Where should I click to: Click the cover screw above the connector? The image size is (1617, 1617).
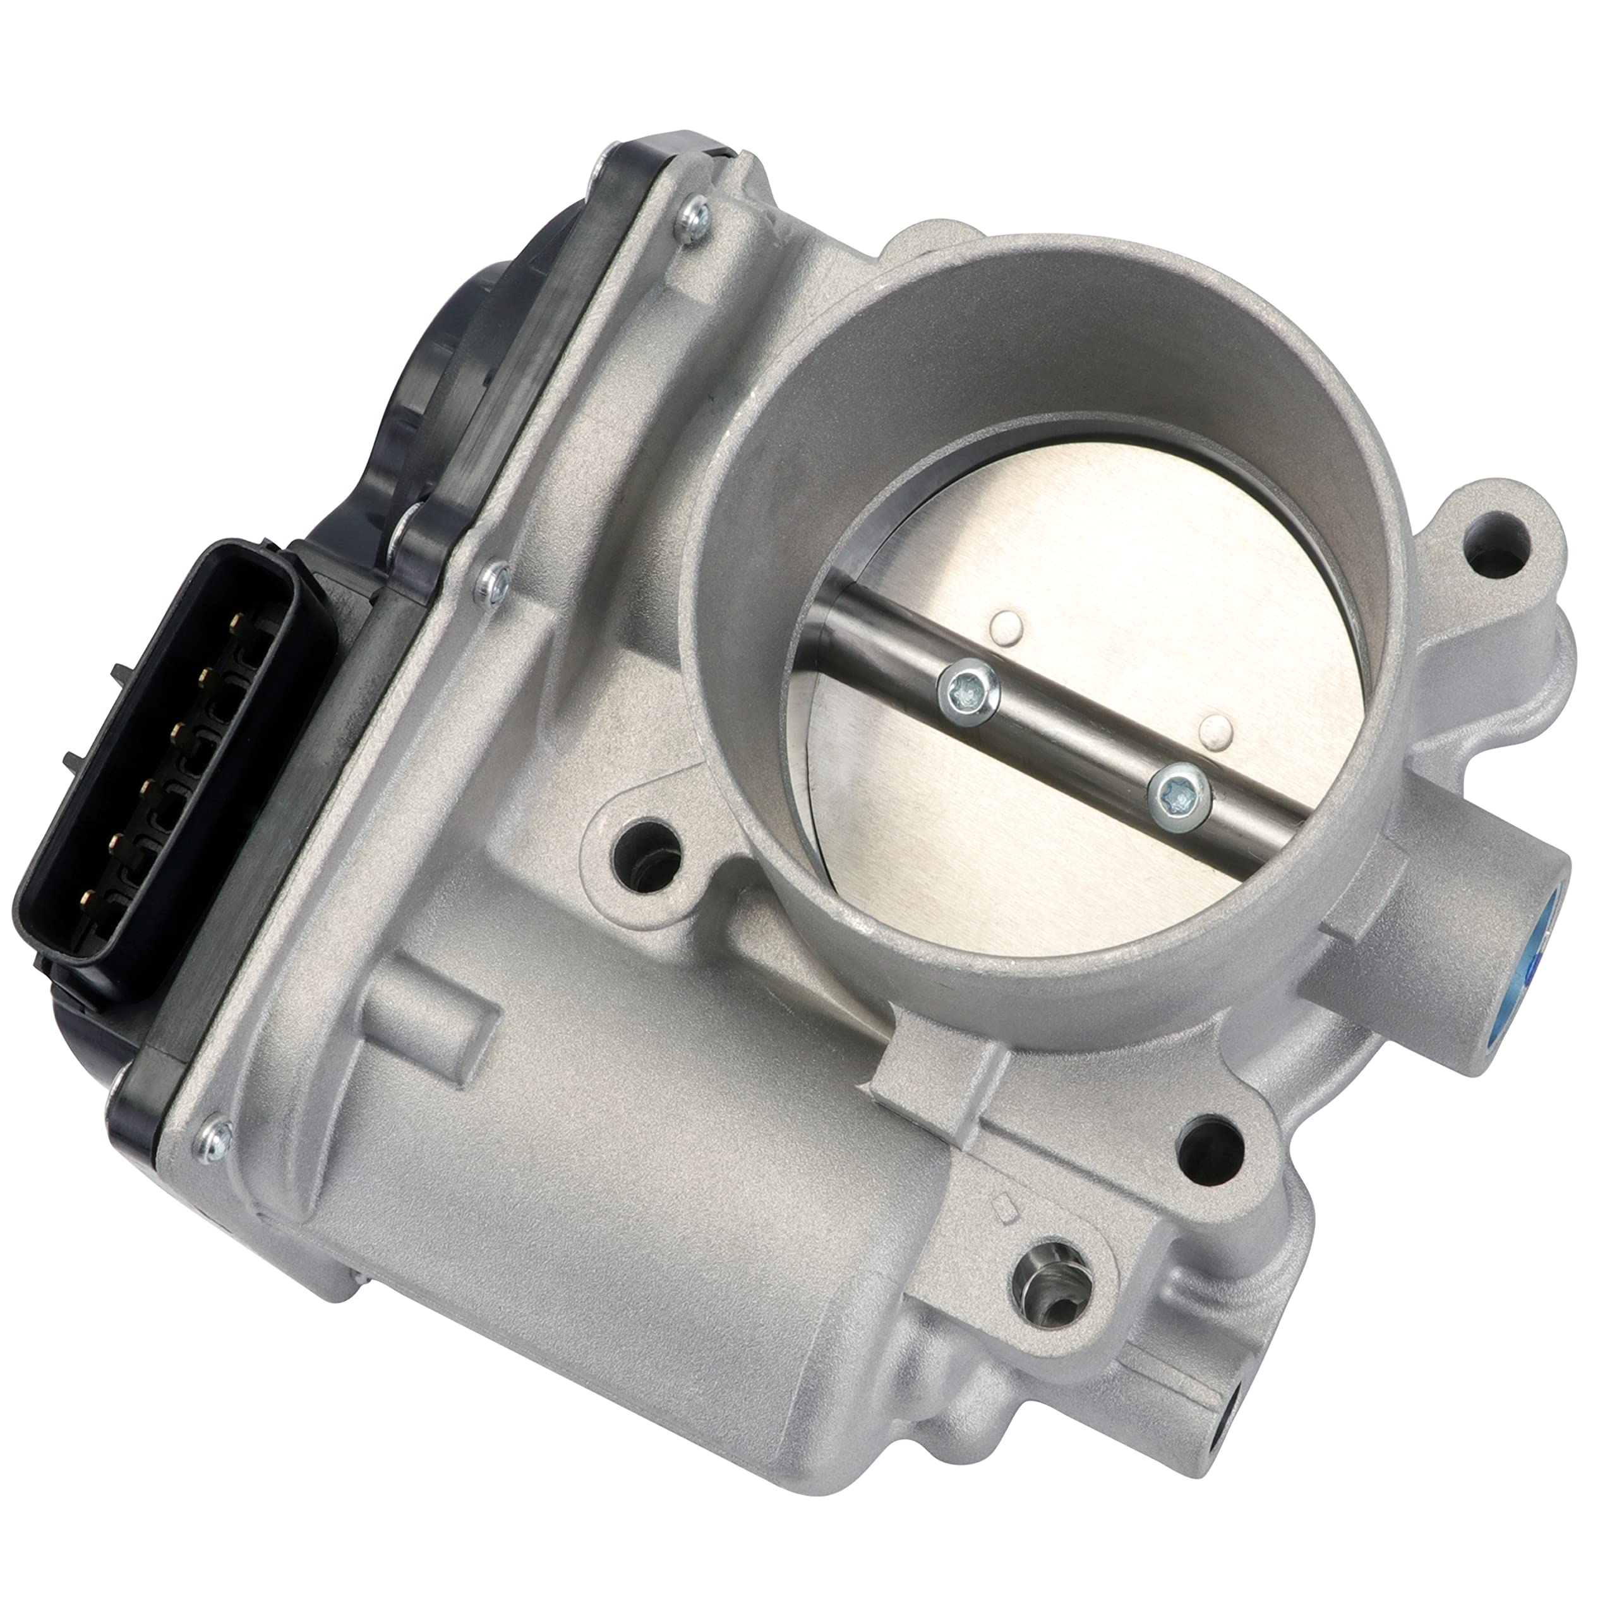point(495,579)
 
